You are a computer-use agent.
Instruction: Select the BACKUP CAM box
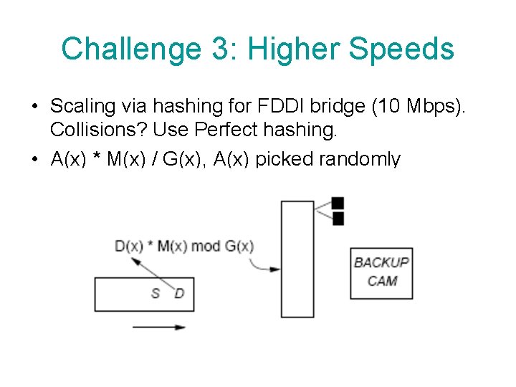[x=381, y=272]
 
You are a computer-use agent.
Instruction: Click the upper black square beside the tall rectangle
[x=338, y=203]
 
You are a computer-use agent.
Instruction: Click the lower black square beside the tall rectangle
[x=338, y=218]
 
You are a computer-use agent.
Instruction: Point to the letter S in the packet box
[x=155, y=293]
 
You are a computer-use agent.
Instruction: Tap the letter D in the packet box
[x=179, y=293]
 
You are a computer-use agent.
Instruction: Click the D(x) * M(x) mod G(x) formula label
[x=184, y=247]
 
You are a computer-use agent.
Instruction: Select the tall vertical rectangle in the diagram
[x=297, y=259]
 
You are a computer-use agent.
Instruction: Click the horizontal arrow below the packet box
[x=158, y=328]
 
